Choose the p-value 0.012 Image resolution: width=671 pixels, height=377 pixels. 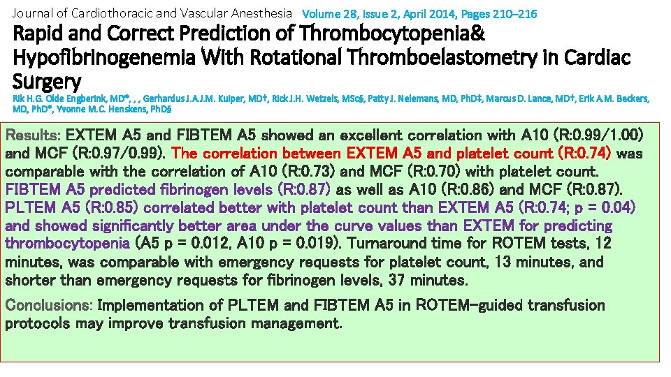point(212,244)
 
